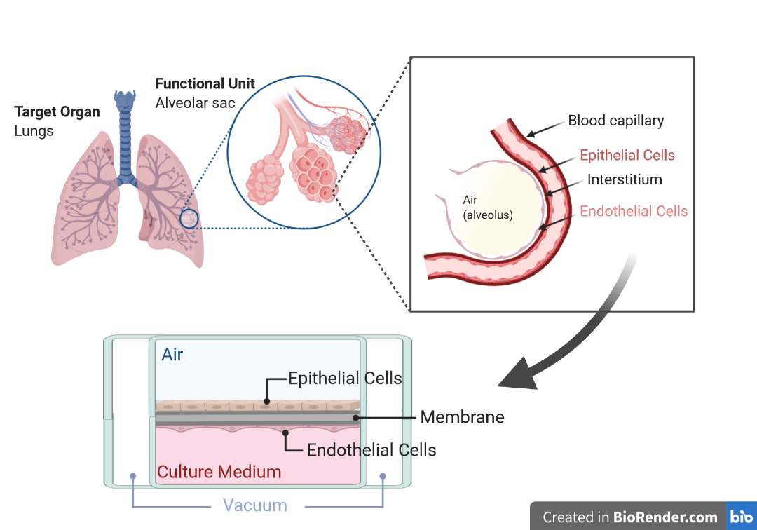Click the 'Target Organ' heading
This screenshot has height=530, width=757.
coord(57,112)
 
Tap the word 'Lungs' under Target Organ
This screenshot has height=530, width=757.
coord(34,131)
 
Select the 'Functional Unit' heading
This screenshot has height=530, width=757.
coord(205,84)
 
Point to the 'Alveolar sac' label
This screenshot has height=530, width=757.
coord(195,103)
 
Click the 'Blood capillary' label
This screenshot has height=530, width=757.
coord(615,121)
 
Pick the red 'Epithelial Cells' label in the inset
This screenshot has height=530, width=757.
coord(627,156)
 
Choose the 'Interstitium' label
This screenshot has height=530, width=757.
coord(625,179)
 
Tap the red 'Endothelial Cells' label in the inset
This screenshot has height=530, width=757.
coord(634,211)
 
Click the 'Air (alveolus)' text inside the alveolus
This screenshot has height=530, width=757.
coord(487,208)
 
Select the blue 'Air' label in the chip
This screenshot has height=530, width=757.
coord(172,355)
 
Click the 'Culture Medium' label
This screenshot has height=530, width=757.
coord(219,472)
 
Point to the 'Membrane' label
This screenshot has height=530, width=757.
coord(462,417)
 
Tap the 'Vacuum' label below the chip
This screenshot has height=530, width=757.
coord(255,505)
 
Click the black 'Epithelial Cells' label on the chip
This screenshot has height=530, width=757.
coord(346,379)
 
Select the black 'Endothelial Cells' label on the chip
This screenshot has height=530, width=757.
coord(371,450)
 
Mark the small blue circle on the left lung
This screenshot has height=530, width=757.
coord(189,219)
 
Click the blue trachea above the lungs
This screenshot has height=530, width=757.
coord(126,140)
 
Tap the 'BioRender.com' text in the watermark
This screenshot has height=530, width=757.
coord(665,518)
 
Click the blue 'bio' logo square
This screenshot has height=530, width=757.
coord(742,517)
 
